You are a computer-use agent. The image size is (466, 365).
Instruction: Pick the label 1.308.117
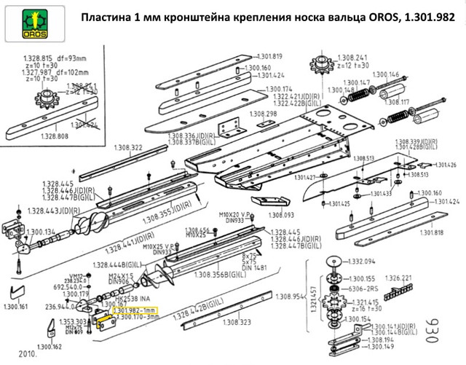415,102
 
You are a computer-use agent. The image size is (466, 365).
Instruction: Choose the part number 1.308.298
263,114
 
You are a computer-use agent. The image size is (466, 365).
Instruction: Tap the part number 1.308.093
282,215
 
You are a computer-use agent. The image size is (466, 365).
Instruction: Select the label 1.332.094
360,261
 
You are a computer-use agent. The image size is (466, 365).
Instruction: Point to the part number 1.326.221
398,278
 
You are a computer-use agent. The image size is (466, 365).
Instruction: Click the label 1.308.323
236,322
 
